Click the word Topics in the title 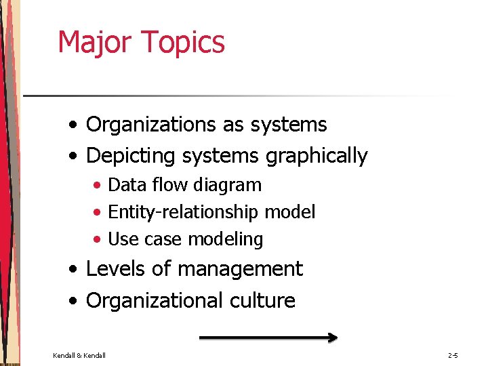click(183, 41)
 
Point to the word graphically click(317, 156)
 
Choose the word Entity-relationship click(183, 212)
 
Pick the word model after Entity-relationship click(289, 212)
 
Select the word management click(239, 269)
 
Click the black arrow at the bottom click(268, 336)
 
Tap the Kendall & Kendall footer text click(79, 355)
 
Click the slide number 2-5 click(453, 355)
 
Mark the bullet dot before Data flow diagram click(98, 186)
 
